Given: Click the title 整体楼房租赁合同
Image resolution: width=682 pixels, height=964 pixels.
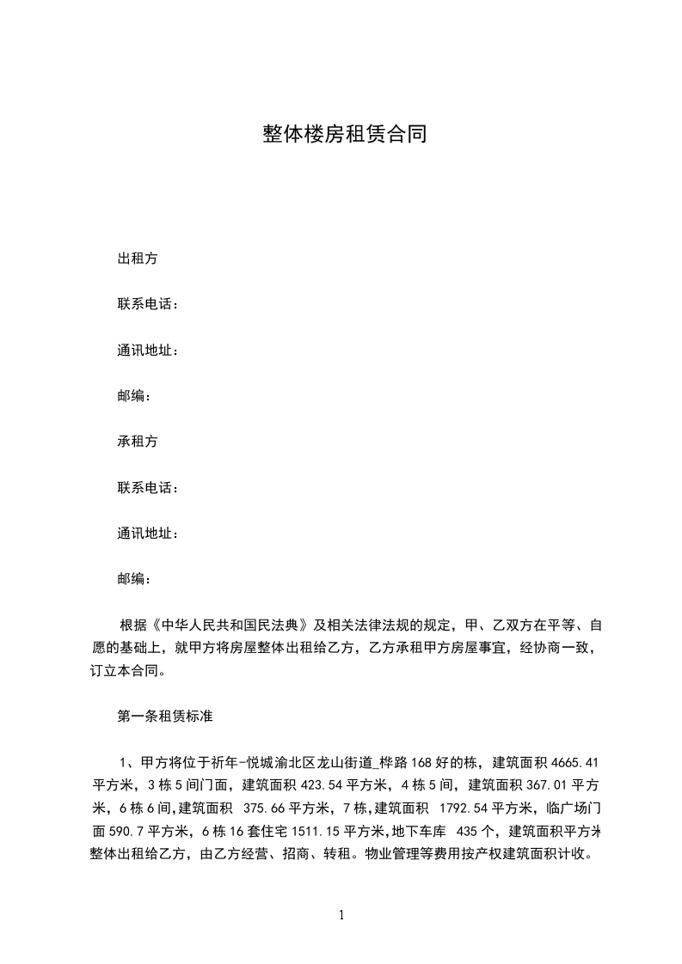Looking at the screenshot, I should pos(344,135).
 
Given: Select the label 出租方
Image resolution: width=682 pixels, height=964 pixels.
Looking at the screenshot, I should pos(137,259).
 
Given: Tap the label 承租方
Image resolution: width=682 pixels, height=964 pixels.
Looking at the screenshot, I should pos(137,442).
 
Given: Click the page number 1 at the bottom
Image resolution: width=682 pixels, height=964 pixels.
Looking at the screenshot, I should pos(341,915).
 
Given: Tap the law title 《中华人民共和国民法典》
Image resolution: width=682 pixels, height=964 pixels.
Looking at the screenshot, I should pos(228,624).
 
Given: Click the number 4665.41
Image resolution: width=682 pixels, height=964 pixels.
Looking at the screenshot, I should pos(574,762).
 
